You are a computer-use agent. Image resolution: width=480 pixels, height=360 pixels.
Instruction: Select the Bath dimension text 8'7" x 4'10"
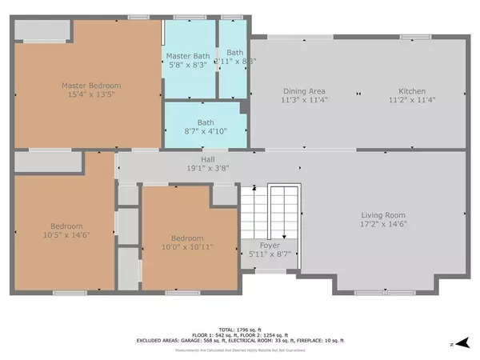[202, 131]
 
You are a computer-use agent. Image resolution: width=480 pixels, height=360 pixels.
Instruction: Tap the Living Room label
[383, 215]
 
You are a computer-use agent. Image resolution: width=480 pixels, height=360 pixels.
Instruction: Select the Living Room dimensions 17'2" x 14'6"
[383, 224]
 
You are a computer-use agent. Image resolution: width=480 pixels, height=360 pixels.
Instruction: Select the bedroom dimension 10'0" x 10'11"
[186, 247]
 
